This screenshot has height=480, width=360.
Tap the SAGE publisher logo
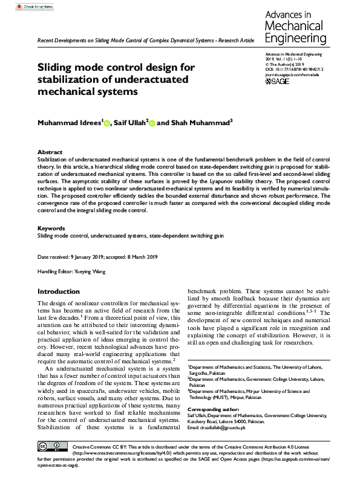point(278,80)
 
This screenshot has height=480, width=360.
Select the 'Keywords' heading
point(51,228)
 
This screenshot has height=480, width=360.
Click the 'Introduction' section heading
point(58,291)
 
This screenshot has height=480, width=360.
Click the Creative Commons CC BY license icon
point(51,447)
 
